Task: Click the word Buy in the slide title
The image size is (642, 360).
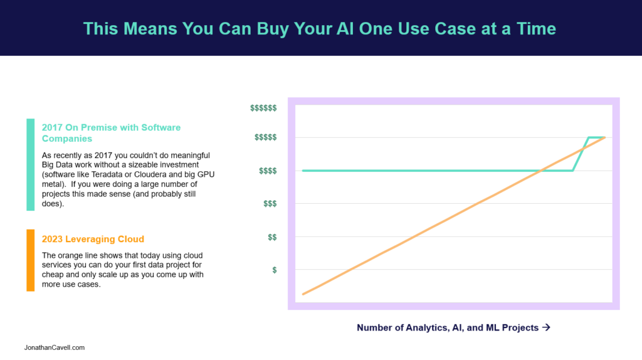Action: point(273,29)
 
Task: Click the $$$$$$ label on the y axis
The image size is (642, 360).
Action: point(263,108)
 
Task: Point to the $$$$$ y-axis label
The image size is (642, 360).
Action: point(265,137)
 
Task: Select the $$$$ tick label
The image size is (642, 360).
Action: point(268,171)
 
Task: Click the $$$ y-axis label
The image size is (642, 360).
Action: point(270,204)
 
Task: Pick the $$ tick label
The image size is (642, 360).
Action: point(272,237)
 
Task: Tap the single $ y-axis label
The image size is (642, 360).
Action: point(275,270)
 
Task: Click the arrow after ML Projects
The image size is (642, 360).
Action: point(546,327)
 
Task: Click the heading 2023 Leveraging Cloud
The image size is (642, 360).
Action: point(93,239)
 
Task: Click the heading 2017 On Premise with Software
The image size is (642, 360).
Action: point(111,128)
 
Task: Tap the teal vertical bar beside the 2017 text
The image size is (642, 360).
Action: point(30,165)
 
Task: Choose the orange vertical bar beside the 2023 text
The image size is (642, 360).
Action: point(30,260)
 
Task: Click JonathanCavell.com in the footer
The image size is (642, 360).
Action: point(55,347)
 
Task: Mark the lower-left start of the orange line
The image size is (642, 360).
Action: point(303,294)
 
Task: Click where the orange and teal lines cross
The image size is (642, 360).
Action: point(541,171)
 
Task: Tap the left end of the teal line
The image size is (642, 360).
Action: point(303,171)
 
